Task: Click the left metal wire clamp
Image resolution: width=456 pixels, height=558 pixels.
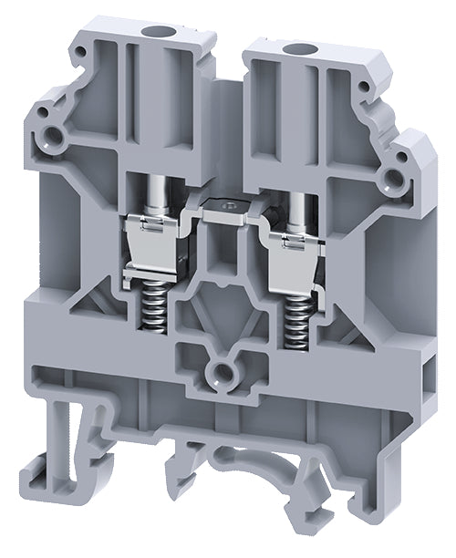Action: [x=154, y=251]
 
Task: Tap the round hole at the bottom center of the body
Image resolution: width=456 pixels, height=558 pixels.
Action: [x=223, y=369]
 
